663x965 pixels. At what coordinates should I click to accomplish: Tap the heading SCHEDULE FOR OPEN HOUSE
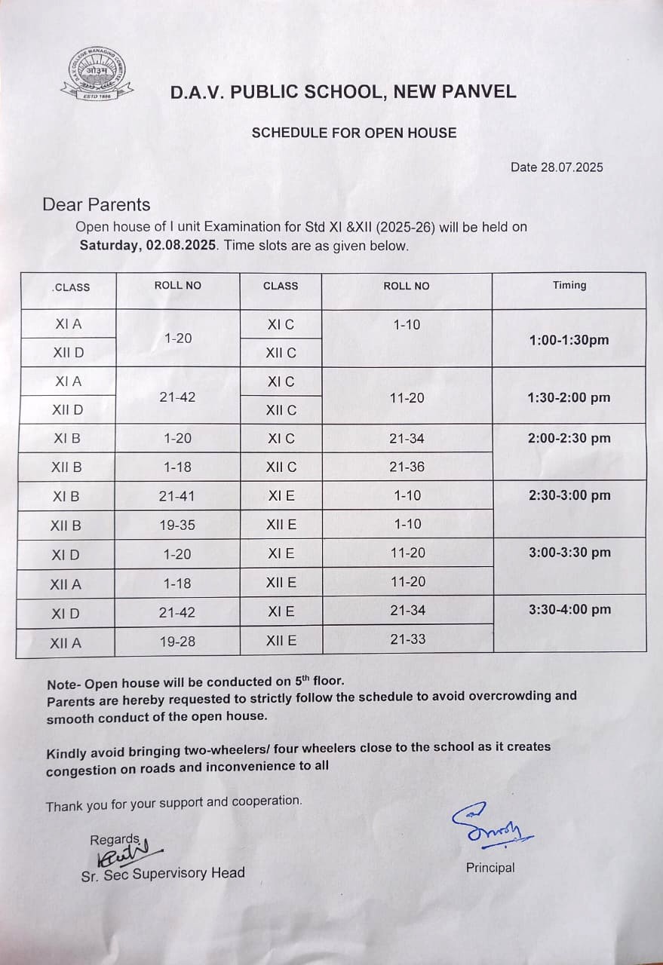tap(354, 133)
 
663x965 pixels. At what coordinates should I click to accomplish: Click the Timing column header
tap(569, 285)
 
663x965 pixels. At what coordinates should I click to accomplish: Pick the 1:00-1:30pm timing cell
tap(569, 340)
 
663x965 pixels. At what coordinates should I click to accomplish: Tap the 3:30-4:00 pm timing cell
tap(569, 609)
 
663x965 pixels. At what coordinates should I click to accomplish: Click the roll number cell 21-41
tap(177, 496)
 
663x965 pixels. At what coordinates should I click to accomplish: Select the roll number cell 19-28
tap(177, 642)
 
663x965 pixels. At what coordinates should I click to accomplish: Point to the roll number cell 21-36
tap(407, 467)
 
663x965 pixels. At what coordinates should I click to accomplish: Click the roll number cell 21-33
tap(407, 639)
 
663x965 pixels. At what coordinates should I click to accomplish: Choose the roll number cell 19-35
tap(177, 525)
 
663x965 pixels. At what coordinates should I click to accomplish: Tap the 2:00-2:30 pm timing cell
tap(569, 438)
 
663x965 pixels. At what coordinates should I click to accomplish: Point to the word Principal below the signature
tap(490, 868)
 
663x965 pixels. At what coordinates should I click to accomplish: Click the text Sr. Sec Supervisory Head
tap(163, 874)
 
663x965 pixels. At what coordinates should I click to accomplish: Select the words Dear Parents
tap(97, 205)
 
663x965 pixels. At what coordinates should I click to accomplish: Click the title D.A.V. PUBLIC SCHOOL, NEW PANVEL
tap(343, 93)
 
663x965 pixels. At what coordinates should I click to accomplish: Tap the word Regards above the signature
tap(115, 840)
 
